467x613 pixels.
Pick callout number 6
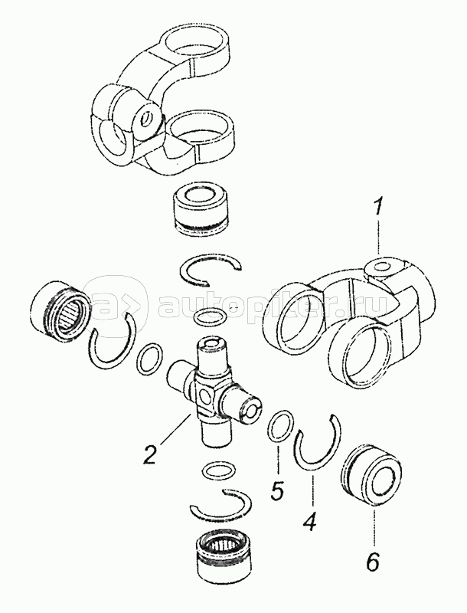[372, 562]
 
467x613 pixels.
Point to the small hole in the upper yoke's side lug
[148, 118]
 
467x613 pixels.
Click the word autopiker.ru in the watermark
[272, 306]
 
